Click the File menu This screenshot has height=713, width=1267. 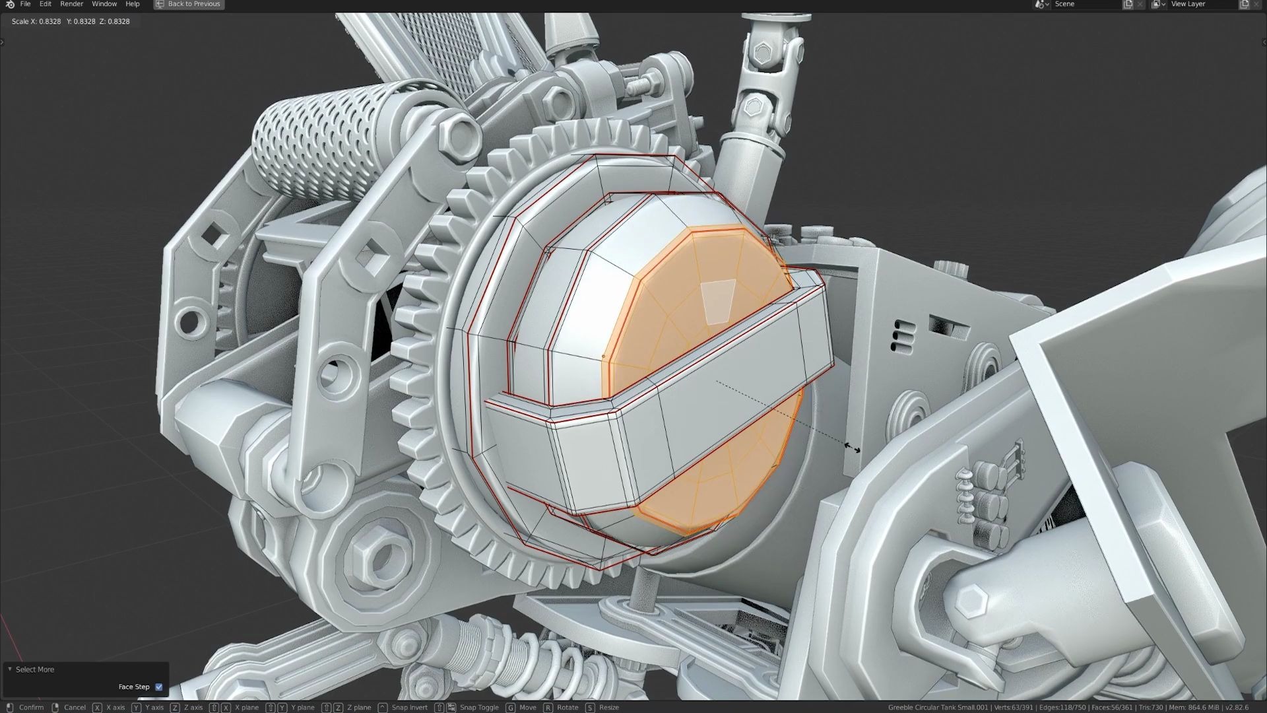pyautogui.click(x=25, y=4)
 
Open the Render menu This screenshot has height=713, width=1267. pyautogui.click(x=71, y=4)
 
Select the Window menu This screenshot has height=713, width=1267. pyautogui.click(x=104, y=4)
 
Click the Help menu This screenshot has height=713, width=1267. pyautogui.click(x=133, y=4)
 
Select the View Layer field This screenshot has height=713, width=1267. pyautogui.click(x=1201, y=4)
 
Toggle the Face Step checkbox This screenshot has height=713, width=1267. pyautogui.click(x=158, y=687)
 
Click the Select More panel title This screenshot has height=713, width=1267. pyautogui.click(x=35, y=669)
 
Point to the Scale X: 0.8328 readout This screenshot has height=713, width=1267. pyautogui.click(x=36, y=21)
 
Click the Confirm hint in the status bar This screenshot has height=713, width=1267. pyautogui.click(x=31, y=707)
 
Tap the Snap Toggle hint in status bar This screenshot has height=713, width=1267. pyautogui.click(x=478, y=707)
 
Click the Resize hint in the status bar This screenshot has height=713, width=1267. pyautogui.click(x=608, y=707)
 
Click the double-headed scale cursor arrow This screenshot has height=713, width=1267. pyautogui.click(x=852, y=448)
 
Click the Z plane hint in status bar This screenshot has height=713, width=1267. pyautogui.click(x=358, y=707)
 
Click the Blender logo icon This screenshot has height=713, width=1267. pyautogui.click(x=9, y=4)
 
